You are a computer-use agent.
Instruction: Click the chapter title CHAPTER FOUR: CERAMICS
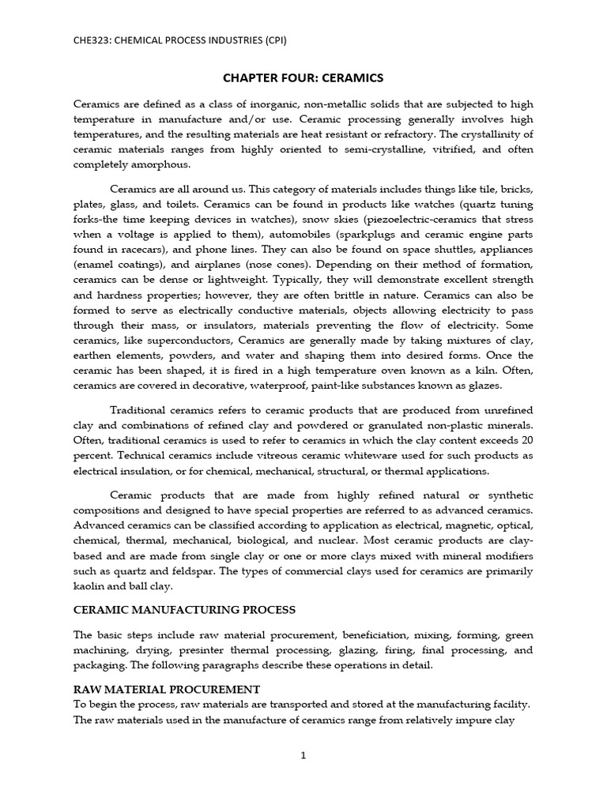[x=303, y=77]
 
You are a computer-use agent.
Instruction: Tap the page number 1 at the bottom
[x=303, y=755]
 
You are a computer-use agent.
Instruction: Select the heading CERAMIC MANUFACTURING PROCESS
[x=184, y=610]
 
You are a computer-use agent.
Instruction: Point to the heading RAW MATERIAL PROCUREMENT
[x=167, y=689]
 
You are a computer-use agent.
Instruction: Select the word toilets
[x=204, y=204]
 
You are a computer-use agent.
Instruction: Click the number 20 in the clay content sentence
[x=526, y=440]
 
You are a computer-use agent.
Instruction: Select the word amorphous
[x=156, y=164]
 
